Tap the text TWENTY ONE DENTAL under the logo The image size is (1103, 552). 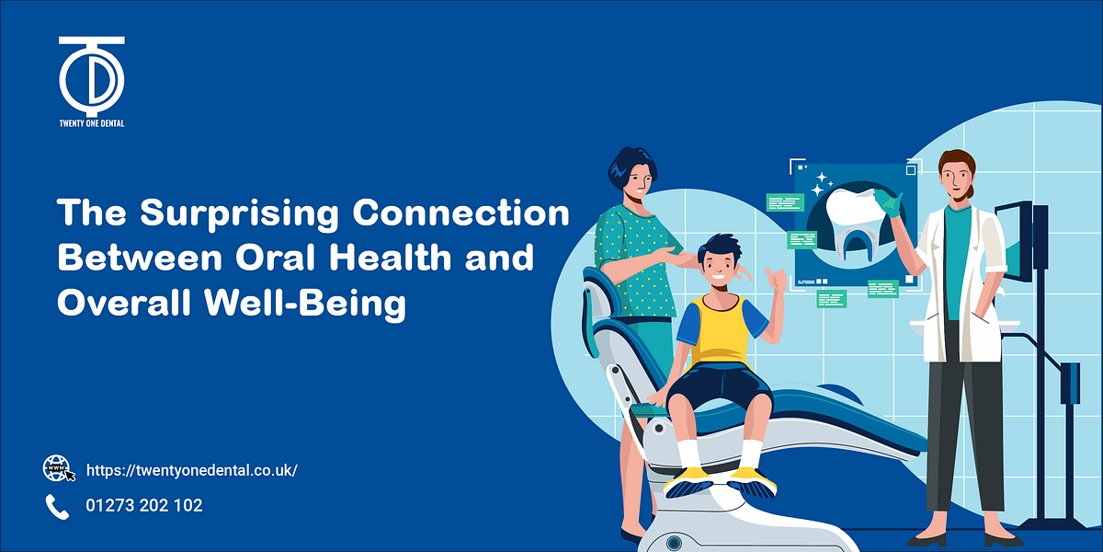pyautogui.click(x=91, y=122)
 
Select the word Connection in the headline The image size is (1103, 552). pyautogui.click(x=462, y=214)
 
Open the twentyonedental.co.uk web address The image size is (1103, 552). pyautogui.click(x=192, y=470)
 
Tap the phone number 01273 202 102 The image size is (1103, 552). pyautogui.click(x=144, y=505)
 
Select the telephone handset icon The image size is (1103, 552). pyautogui.click(x=57, y=505)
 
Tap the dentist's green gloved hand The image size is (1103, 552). pyautogui.click(x=887, y=202)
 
